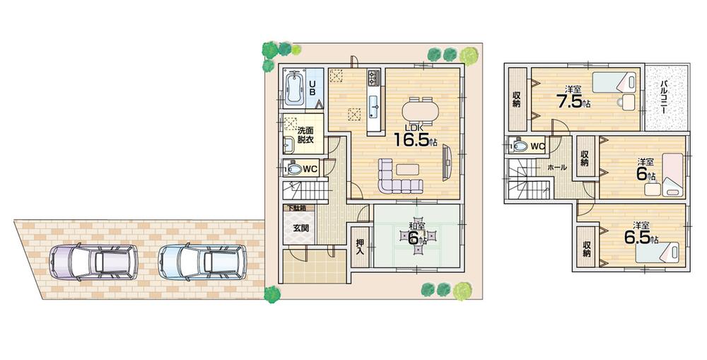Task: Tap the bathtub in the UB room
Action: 295,91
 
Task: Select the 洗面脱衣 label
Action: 305,135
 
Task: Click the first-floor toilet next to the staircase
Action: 291,169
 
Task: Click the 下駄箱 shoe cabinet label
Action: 295,209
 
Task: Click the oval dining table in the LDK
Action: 420,111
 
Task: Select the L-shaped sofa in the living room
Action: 396,178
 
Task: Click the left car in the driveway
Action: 93,262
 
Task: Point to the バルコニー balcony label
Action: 666,97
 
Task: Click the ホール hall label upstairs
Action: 556,168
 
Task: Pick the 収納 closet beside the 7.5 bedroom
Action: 517,98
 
